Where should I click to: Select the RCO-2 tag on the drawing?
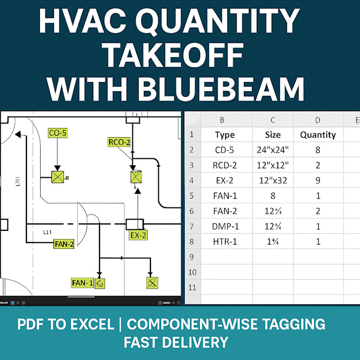(x=119, y=142)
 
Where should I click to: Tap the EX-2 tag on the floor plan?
(x=138, y=235)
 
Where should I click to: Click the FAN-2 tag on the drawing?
(x=64, y=244)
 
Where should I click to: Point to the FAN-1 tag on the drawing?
(x=82, y=283)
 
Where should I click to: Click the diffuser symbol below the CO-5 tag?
(x=57, y=177)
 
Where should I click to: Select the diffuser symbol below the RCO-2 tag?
(x=136, y=177)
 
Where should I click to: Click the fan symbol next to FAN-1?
(x=100, y=283)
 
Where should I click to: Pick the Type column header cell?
(x=226, y=134)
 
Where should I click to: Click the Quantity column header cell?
(x=318, y=134)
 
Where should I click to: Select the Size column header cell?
(x=272, y=134)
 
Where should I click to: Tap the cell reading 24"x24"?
(x=272, y=150)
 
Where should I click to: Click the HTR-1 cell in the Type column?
(x=226, y=241)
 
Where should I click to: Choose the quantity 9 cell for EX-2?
(x=318, y=180)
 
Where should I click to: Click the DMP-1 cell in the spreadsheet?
(x=226, y=226)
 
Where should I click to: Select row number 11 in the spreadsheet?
(x=193, y=287)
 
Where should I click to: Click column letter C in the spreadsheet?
(x=272, y=120)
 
